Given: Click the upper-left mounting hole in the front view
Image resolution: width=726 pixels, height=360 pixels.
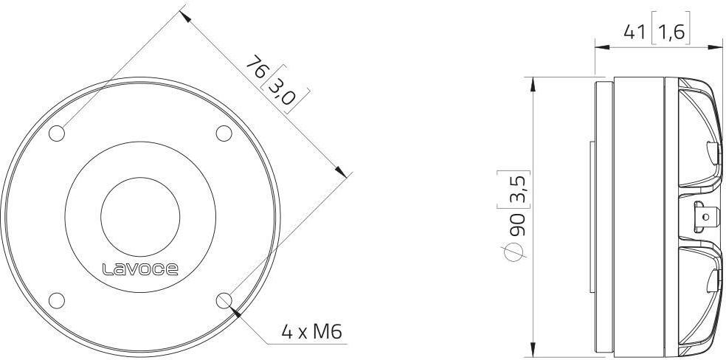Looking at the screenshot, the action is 57,134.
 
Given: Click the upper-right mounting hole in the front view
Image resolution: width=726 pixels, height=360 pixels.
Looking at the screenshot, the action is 224,134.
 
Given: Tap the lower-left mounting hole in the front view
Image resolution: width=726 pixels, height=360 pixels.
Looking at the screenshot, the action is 57,300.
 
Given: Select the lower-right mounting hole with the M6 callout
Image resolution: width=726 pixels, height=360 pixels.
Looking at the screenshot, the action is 224,300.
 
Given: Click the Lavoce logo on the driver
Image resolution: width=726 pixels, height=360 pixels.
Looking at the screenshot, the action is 140,269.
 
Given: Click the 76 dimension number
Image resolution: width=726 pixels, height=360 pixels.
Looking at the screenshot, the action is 257,67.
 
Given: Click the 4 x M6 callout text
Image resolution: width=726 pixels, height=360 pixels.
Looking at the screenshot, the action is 311,331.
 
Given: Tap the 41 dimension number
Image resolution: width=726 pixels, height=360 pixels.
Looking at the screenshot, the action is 635,32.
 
